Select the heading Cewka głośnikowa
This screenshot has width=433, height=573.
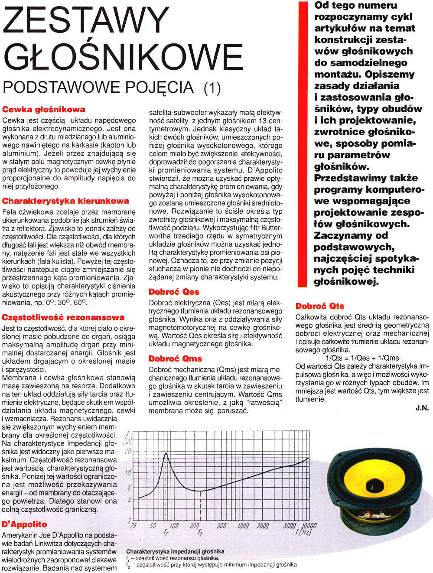(x=44, y=109)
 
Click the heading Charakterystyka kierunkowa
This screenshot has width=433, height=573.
(x=65, y=201)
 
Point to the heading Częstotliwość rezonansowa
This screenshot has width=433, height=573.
(x=63, y=317)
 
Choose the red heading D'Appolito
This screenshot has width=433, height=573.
(x=24, y=524)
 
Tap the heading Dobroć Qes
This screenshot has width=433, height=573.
(x=174, y=292)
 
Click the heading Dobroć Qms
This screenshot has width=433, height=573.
(x=175, y=358)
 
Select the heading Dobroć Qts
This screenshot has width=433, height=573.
(x=320, y=306)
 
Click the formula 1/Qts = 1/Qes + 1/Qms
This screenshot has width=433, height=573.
(x=362, y=358)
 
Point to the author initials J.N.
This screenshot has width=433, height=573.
(x=422, y=408)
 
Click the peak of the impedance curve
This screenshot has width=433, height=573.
(x=166, y=453)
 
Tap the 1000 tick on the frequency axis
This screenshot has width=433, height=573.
(x=243, y=526)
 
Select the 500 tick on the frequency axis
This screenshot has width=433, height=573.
(x=221, y=526)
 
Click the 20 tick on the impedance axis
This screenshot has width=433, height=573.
(x=127, y=451)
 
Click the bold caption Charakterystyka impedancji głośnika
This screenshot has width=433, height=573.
(x=175, y=551)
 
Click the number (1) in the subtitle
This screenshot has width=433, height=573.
(x=212, y=88)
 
